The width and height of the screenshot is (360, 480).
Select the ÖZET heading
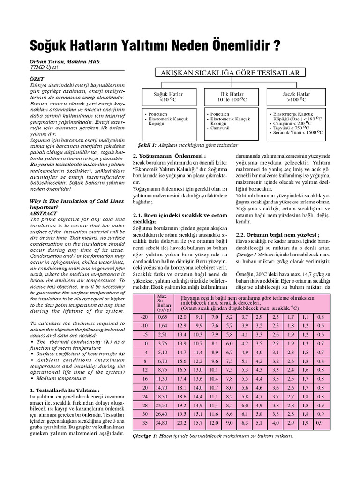click(37, 79)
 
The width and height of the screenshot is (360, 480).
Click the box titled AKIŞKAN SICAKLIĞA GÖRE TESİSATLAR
click(231, 73)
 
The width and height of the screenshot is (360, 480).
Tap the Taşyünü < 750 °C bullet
click(291, 128)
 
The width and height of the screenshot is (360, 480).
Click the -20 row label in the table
click(144, 317)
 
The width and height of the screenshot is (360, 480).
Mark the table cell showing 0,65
click(163, 317)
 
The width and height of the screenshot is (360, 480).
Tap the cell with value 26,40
click(163, 414)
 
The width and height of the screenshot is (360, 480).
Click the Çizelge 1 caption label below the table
click(145, 435)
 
